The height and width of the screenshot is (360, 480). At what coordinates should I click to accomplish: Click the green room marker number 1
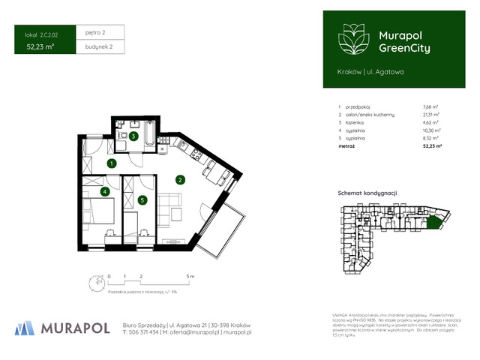(x=111, y=163)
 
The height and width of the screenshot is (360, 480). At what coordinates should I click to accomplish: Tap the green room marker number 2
(x=180, y=179)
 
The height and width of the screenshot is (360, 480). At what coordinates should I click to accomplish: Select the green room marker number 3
(x=133, y=136)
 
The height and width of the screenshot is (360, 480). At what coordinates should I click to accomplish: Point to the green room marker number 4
(x=105, y=192)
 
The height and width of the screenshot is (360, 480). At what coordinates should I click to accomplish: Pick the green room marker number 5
(x=142, y=200)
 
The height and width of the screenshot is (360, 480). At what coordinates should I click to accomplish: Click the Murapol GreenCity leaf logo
(x=351, y=38)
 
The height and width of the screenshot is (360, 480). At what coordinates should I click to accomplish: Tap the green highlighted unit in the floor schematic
(x=433, y=221)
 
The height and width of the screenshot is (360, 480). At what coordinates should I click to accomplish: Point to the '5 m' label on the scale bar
(x=191, y=277)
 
